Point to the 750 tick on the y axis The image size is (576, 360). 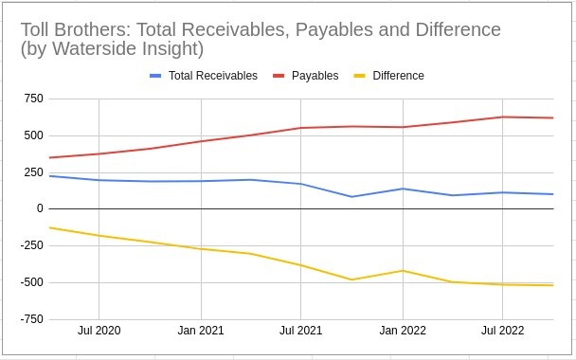[32, 99]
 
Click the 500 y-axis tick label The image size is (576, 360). [32, 135]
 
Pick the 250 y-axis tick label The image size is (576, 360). [32, 172]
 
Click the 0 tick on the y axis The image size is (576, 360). [39, 208]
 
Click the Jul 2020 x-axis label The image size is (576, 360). [99, 331]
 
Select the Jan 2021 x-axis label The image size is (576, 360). [201, 331]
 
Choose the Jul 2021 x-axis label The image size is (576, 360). [300, 331]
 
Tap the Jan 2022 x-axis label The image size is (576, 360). [403, 331]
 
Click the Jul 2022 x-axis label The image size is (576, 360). [503, 331]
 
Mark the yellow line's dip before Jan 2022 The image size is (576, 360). [352, 279]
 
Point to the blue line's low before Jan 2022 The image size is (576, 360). [352, 197]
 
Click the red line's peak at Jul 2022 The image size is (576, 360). [503, 117]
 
